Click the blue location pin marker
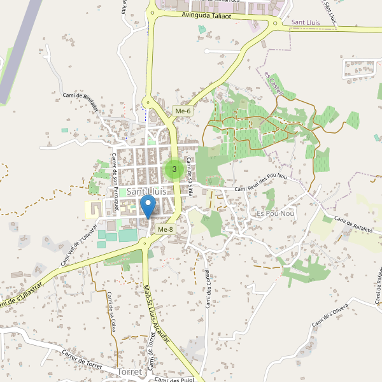click(x=148, y=208)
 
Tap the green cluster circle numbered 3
click(x=174, y=169)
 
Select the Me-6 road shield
click(x=183, y=111)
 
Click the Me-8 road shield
click(x=165, y=229)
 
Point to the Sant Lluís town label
click(x=146, y=191)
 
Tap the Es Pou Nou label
click(x=273, y=213)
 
